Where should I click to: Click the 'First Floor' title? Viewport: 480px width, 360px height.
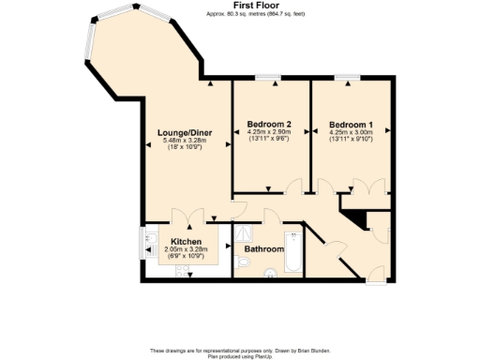(240, 6)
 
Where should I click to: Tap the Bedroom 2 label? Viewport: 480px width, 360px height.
(269, 124)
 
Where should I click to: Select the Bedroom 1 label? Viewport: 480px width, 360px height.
(352, 124)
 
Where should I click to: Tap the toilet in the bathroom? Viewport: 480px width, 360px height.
(244, 264)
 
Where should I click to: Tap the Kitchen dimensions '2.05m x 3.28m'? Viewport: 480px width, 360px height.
(185, 249)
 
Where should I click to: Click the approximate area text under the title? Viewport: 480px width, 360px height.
(240, 14)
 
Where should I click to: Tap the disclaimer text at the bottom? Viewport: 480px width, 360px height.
(240, 352)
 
